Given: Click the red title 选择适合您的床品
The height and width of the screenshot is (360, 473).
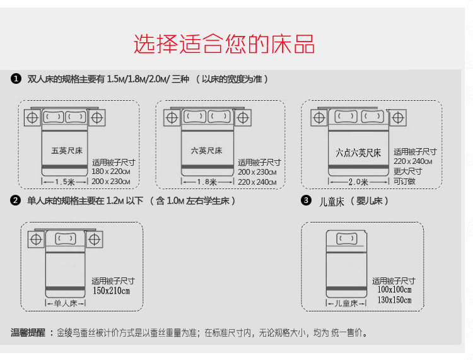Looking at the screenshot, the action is point(224,44).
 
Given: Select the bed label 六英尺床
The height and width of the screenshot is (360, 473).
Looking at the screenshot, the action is point(207,151).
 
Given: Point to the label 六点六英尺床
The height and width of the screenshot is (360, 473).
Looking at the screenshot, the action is point(358,153).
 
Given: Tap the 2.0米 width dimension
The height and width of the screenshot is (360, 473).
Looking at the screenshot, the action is point(358,182).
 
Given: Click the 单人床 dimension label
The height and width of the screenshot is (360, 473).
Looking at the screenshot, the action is point(64,303).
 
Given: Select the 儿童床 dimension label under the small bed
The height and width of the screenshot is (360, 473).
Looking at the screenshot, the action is point(346,304).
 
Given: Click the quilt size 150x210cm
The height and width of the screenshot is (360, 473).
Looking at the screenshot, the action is point(112,291).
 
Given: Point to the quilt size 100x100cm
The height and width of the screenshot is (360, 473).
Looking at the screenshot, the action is point(394,290).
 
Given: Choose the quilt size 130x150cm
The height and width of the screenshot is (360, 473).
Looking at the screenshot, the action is point(394,300).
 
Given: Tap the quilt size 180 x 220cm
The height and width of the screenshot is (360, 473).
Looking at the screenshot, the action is point(111,171).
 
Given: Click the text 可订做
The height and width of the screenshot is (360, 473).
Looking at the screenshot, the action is point(404,181).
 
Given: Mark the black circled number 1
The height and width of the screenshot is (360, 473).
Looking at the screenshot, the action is point(16,79).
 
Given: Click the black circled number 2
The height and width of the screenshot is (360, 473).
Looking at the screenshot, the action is point(16,200).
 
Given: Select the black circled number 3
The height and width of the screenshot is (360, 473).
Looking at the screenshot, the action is point(306,201).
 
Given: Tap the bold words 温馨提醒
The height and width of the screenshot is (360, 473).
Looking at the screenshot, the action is point(28,333).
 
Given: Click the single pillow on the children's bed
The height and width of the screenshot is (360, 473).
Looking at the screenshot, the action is point(346,238).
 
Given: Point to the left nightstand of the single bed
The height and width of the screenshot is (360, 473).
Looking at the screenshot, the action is point(35,239).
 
